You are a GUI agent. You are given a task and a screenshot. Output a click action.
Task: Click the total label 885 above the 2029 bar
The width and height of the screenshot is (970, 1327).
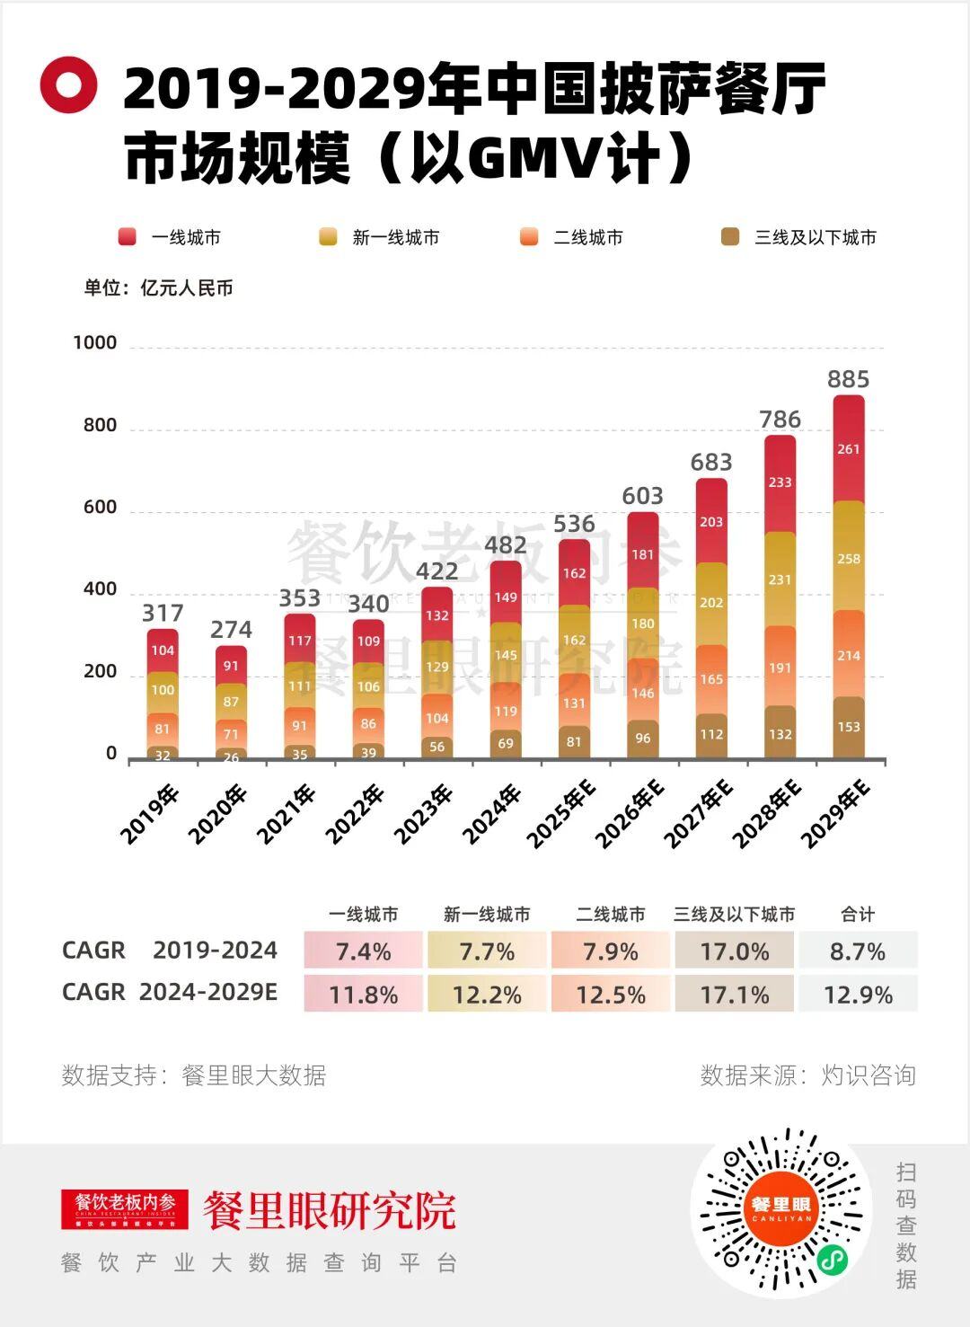848,379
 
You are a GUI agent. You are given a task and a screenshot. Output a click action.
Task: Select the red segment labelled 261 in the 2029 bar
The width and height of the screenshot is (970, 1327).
849,448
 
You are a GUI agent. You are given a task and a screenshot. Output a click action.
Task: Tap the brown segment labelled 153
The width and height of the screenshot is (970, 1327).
849,727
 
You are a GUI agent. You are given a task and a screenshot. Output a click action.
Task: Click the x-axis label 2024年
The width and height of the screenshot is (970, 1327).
492,814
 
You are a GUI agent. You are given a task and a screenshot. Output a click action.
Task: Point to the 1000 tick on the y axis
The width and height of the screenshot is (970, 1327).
95,342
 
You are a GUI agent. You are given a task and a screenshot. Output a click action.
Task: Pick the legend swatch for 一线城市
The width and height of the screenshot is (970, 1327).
128,237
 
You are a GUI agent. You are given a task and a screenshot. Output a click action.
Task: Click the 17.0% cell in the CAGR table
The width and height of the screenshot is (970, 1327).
734,951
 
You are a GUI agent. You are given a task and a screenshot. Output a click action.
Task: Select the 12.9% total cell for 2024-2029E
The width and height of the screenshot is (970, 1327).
858,995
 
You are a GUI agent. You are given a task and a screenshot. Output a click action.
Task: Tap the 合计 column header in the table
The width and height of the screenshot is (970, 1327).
858,915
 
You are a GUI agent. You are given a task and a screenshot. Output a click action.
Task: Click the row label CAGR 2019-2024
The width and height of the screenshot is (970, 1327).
170,951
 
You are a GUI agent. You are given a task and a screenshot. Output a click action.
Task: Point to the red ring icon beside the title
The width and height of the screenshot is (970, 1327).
68,85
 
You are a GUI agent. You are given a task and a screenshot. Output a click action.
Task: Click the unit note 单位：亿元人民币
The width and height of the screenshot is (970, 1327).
159,288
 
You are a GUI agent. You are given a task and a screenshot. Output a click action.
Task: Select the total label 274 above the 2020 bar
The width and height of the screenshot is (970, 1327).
231,629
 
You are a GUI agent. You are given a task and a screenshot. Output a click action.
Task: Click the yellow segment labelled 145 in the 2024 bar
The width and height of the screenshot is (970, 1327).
506,655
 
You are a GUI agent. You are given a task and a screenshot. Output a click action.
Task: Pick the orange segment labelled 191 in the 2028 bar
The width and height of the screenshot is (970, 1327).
780,668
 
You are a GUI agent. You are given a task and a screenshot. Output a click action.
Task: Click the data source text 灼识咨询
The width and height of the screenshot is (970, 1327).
868,1075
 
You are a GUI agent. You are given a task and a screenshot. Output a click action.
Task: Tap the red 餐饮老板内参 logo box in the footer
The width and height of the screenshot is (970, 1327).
125,1208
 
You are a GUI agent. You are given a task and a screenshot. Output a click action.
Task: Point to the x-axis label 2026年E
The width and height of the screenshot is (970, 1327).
630,814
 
